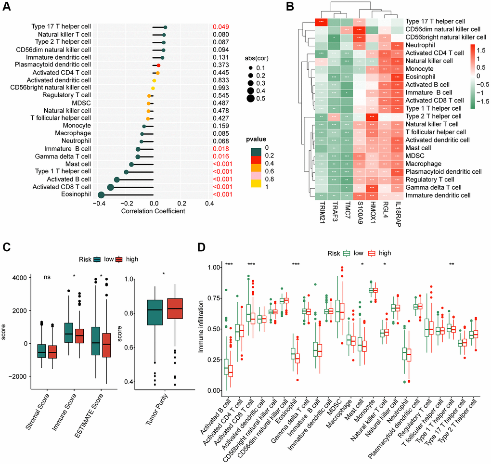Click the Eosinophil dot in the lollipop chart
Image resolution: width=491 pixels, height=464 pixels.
[x=101, y=194]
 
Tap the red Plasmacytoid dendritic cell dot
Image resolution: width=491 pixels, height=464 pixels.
[x=158, y=64]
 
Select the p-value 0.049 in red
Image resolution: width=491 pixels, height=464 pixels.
[x=220, y=27]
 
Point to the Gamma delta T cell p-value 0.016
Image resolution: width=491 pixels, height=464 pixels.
[x=220, y=157]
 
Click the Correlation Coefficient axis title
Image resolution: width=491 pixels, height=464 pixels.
[x=153, y=211]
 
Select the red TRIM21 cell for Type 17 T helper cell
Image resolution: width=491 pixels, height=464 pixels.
[x=321, y=22]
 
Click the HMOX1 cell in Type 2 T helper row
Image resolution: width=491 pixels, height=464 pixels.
[x=372, y=116]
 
